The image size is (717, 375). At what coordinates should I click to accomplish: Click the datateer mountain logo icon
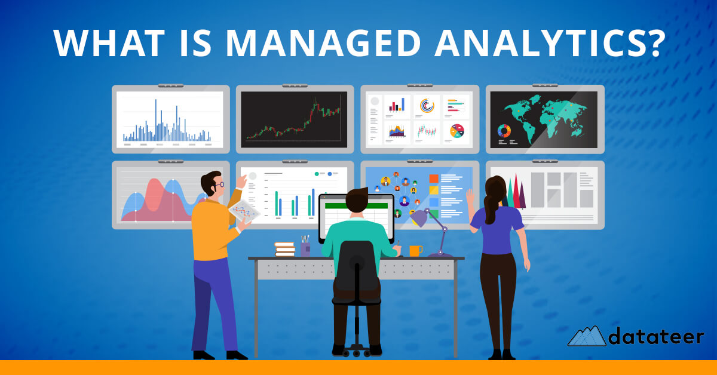pyautogui.click(x=586, y=336)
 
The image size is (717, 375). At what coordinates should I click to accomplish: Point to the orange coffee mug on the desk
pyautogui.click(x=415, y=251)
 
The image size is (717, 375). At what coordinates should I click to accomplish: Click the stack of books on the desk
pyautogui.click(x=284, y=249)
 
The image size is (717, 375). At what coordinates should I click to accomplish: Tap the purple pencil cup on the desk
pyautogui.click(x=305, y=248)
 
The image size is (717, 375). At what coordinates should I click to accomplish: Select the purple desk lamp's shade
pyautogui.click(x=419, y=218)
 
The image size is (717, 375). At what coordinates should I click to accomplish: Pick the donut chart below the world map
pyautogui.click(x=504, y=131)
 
